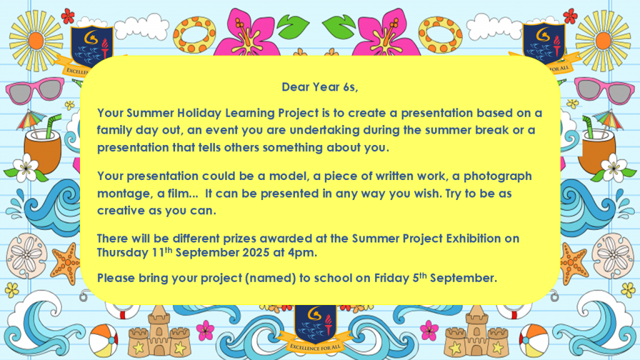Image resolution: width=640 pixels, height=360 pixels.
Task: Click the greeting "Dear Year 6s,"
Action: coord(319,87)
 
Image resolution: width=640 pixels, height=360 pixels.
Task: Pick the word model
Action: coord(289,176)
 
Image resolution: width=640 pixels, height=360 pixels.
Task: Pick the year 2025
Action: coord(256,252)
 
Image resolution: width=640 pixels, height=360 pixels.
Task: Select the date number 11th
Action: coord(162,252)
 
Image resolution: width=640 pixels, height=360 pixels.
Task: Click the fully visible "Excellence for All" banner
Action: coord(315,345)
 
